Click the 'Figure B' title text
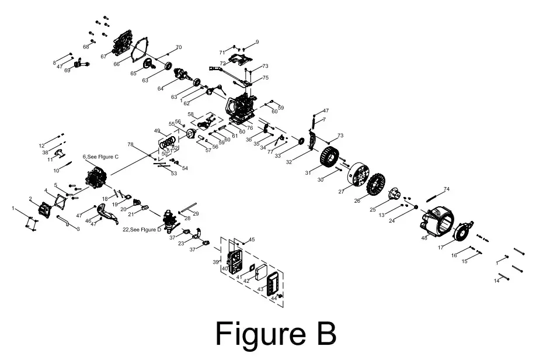pyautogui.click(x=276, y=334)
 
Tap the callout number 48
pyautogui.click(x=424, y=238)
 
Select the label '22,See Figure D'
pyautogui.click(x=142, y=230)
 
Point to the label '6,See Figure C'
pyautogui.click(x=100, y=157)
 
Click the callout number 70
pyautogui.click(x=179, y=47)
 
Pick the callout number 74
pyautogui.click(x=447, y=189)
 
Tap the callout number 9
pyautogui.click(x=257, y=42)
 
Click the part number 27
pyautogui.click(x=341, y=191)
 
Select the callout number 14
pyautogui.click(x=497, y=281)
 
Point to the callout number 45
pyautogui.click(x=252, y=240)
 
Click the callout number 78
pyautogui.click(x=130, y=144)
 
